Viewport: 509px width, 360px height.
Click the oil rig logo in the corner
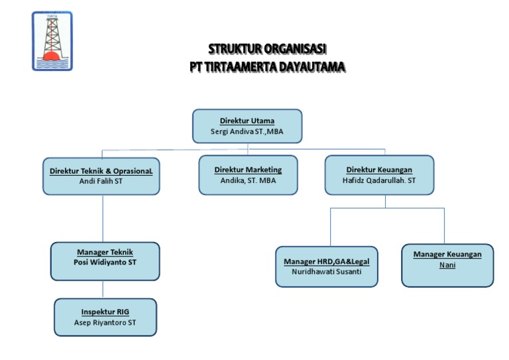point(52,41)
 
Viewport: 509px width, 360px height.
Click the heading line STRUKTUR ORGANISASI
point(268,49)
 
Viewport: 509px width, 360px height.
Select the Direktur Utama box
point(247,126)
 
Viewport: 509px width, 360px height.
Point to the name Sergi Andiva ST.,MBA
point(247,131)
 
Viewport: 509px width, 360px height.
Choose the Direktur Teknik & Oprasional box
point(101,176)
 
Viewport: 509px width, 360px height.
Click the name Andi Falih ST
point(101,181)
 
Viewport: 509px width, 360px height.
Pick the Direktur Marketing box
point(248,175)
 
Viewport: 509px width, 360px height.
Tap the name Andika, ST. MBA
point(248,180)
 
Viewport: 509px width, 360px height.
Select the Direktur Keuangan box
point(379,175)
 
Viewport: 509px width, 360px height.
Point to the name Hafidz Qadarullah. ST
point(379,180)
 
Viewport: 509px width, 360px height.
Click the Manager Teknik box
point(105,261)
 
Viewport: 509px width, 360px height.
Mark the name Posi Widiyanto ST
point(105,262)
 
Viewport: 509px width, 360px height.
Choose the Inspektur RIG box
point(106,317)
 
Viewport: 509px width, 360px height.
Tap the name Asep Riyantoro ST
point(106,323)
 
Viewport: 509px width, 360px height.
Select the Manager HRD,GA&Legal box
point(327,267)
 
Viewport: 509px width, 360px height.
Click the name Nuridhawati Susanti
point(327,272)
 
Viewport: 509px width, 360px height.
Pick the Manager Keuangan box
point(447,265)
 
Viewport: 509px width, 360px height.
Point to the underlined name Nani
point(447,265)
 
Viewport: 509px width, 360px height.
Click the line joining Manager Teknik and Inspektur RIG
point(103,289)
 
